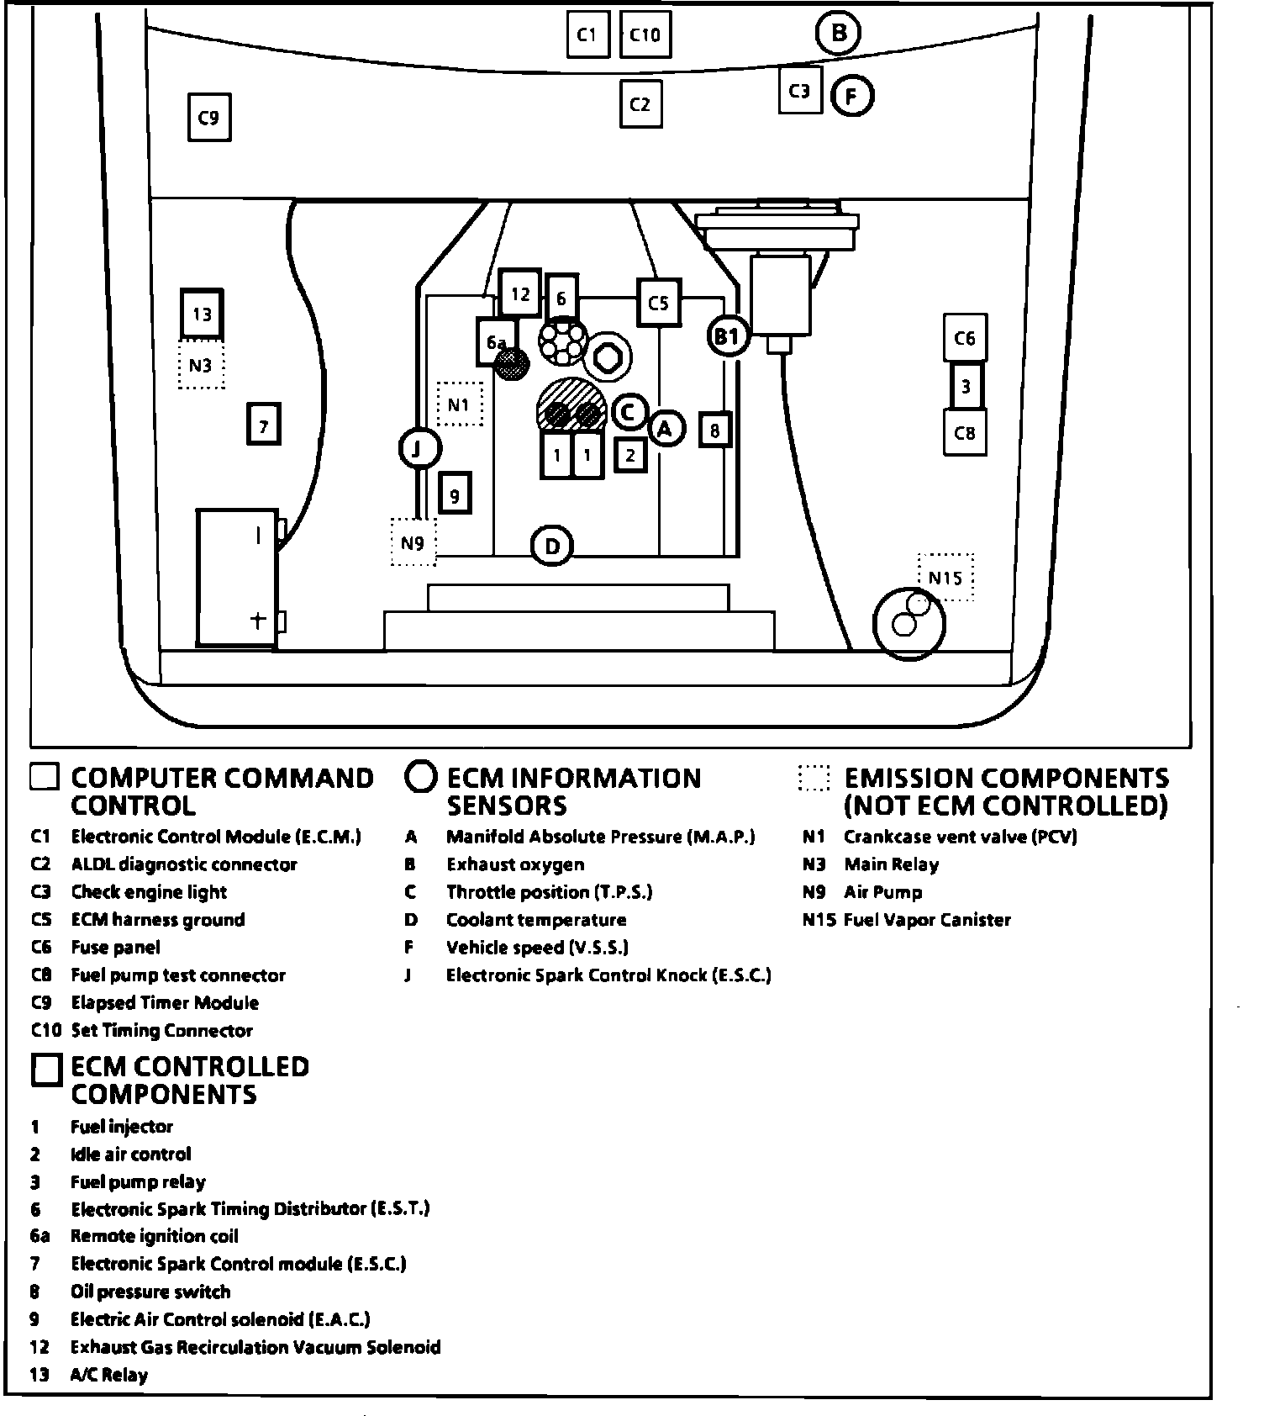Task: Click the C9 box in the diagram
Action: pos(208,117)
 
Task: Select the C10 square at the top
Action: pos(645,34)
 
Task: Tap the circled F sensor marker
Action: pos(852,97)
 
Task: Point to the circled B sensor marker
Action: pos(838,34)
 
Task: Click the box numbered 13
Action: pos(202,314)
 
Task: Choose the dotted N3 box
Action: pos(201,365)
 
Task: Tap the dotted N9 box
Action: pos(413,542)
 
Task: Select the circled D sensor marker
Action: pos(552,547)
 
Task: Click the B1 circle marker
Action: pos(728,336)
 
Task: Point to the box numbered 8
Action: pos(714,430)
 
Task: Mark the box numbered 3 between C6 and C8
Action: pos(966,387)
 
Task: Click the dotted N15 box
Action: pos(945,578)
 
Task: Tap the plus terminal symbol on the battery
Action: pos(258,621)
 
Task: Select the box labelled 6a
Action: pos(495,341)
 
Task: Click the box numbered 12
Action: pos(520,293)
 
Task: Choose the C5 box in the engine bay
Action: pos(658,303)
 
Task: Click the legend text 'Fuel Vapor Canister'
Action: pos(927,920)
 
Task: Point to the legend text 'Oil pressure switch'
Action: pos(150,1292)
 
